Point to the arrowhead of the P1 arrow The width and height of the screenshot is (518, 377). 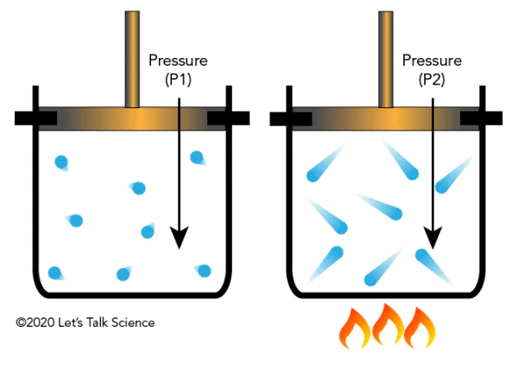click(179, 236)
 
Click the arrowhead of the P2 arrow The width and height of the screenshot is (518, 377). click(433, 236)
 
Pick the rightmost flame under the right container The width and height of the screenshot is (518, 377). click(420, 329)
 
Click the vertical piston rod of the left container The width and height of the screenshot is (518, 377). click(132, 57)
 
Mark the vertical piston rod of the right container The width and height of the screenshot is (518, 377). click(386, 57)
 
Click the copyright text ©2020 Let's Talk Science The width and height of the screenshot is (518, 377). click(85, 323)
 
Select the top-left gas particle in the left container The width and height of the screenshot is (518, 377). click(62, 162)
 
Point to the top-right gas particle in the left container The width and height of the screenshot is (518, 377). click(197, 157)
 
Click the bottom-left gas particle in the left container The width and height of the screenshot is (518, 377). click(56, 273)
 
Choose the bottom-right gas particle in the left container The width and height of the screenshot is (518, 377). click(204, 271)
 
